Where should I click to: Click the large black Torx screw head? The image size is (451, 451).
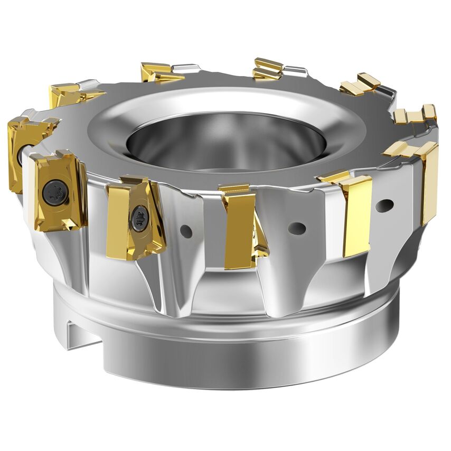coord(55,192)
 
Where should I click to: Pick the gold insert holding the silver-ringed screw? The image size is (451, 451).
coord(135,217)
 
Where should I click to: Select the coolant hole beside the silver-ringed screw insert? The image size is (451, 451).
coord(185,230)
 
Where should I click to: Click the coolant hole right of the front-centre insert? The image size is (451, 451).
coord(297,228)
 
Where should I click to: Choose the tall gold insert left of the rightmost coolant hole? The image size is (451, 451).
coord(356,214)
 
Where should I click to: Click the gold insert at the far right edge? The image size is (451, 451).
coord(429,180)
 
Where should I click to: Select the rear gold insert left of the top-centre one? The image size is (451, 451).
coord(157,72)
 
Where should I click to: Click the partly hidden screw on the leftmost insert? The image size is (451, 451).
coord(20,154)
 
